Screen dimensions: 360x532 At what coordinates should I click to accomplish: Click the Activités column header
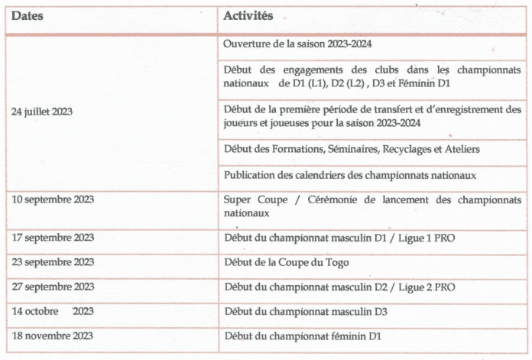pos(249,15)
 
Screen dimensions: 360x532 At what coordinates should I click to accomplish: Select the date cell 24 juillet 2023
pos(42,112)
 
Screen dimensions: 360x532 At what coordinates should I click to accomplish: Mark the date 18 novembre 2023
pos(53,336)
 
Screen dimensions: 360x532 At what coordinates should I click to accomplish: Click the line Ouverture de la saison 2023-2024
pos(298,45)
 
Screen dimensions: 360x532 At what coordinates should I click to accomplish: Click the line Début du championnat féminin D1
pos(303,336)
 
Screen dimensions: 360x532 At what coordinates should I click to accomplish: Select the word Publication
pos(250,175)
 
